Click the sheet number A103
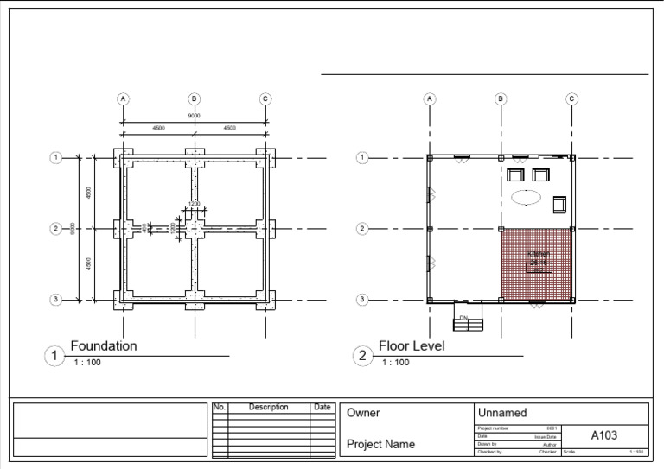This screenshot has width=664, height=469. point(603,436)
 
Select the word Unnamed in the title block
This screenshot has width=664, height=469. point(501,414)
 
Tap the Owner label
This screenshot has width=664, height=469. point(363,414)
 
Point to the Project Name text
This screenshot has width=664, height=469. point(380,445)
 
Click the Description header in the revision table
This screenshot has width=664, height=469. point(268,407)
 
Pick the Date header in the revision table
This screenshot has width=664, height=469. point(322,407)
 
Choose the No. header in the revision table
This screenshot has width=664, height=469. point(219,407)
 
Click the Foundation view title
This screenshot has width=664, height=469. point(104,346)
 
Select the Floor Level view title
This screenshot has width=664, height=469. point(412,346)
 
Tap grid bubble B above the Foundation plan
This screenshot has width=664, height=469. point(195,98)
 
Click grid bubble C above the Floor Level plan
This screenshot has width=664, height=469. point(571,98)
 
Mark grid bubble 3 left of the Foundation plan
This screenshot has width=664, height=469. point(55,300)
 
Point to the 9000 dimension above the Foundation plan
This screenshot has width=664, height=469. point(195,115)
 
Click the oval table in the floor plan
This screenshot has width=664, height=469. point(525,197)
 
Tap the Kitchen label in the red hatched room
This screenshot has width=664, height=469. point(539,254)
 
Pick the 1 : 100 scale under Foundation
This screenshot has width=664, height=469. point(87,363)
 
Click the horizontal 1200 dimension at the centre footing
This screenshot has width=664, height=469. point(194,205)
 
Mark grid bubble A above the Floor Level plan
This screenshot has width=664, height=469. point(430,98)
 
